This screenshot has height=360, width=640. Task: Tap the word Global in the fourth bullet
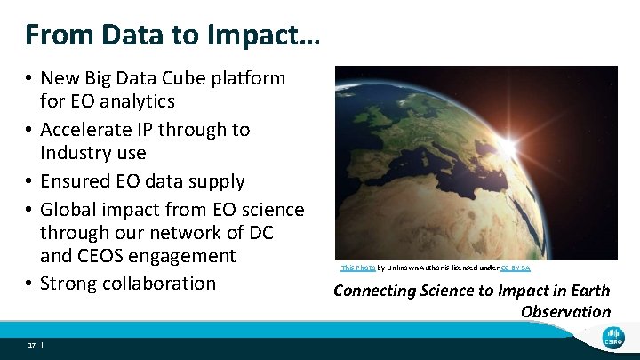point(69,210)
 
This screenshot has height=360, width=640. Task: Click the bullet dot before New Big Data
point(29,78)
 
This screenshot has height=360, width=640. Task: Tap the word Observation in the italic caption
point(565,311)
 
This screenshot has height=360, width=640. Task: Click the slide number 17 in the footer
point(31,344)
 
